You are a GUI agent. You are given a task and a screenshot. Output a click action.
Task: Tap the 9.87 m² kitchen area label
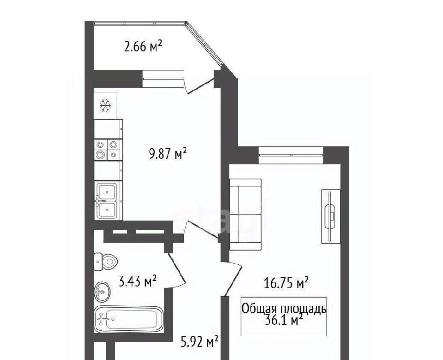click(x=168, y=154)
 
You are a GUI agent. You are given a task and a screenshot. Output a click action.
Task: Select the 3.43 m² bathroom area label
click(x=138, y=282)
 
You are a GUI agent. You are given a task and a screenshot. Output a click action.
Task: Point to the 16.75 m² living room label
click(x=286, y=283)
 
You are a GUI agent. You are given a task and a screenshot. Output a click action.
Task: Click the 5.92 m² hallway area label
click(x=200, y=342)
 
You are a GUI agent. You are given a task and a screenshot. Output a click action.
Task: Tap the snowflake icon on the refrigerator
click(x=106, y=106)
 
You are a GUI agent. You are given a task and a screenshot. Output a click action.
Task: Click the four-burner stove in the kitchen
click(x=106, y=150)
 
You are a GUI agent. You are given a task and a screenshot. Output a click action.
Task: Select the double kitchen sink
click(x=107, y=200)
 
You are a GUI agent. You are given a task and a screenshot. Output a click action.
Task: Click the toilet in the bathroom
click(x=106, y=262)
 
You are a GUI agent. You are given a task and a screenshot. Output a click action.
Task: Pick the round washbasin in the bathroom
click(x=102, y=291)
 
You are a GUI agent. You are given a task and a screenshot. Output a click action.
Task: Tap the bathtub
click(x=129, y=319)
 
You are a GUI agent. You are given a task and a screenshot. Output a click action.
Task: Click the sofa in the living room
click(x=245, y=215)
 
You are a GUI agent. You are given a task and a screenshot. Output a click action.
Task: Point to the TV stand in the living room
click(x=331, y=216)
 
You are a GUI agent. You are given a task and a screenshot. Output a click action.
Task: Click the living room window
click(x=291, y=155)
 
